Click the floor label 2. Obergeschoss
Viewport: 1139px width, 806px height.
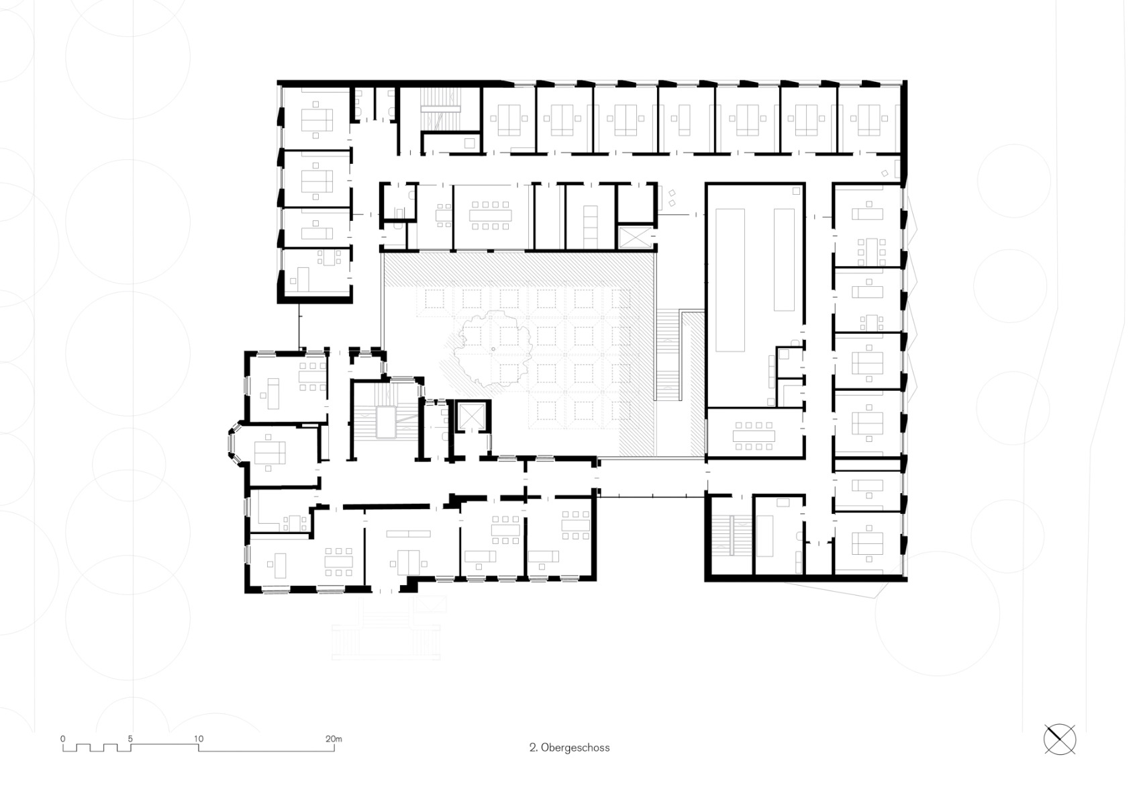coord(569,747)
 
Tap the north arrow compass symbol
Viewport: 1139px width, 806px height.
coord(1060,740)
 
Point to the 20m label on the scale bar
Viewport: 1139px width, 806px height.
coord(334,738)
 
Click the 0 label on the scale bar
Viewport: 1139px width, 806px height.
coord(63,738)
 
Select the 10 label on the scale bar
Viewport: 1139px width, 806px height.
coord(199,738)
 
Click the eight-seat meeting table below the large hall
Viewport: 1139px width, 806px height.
coord(754,435)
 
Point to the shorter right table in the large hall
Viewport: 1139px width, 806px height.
coord(784,259)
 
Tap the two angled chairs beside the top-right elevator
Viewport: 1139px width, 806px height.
coord(673,197)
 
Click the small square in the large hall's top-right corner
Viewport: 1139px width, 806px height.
coord(795,191)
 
